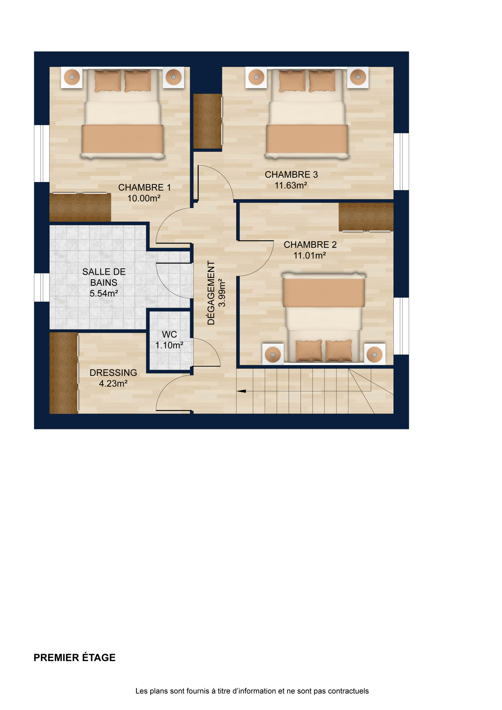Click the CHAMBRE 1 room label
point(144,187)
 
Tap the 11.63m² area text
point(291,185)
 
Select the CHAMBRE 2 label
point(310,244)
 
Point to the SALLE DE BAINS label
point(104,277)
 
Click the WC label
point(169,334)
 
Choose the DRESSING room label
point(113,372)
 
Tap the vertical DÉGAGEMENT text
point(211,293)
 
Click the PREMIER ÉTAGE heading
point(75,657)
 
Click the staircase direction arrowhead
point(241,391)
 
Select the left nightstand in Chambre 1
point(72,77)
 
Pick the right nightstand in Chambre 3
point(358,77)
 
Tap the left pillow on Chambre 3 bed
point(292,81)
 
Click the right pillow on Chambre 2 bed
point(339,351)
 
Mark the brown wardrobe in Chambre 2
point(366,217)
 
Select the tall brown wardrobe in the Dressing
point(64,373)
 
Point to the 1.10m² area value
point(169,345)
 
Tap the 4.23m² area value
point(113,383)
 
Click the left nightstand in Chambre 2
point(273,355)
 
